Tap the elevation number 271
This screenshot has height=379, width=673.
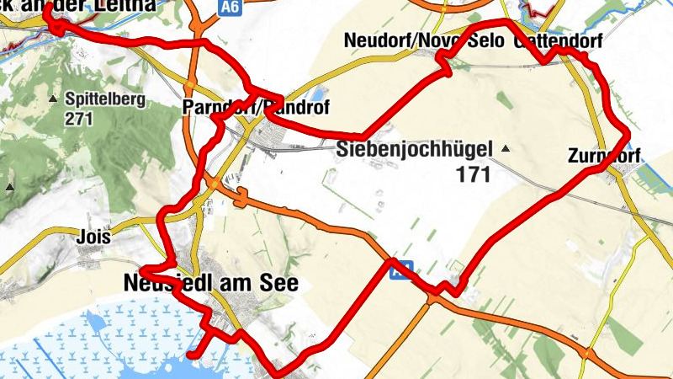(77, 118)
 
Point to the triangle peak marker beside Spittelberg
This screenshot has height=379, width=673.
(54, 99)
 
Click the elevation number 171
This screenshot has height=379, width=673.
(474, 174)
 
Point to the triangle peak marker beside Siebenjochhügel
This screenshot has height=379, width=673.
(506, 149)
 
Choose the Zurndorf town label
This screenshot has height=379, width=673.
(604, 156)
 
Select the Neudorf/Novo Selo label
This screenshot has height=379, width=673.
(424, 40)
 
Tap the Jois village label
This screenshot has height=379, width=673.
(93, 237)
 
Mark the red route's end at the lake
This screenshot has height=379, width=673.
(192, 355)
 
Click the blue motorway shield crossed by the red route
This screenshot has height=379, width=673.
(403, 269)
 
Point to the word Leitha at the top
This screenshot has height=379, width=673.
(126, 5)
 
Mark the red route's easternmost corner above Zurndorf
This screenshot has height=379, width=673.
(628, 133)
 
